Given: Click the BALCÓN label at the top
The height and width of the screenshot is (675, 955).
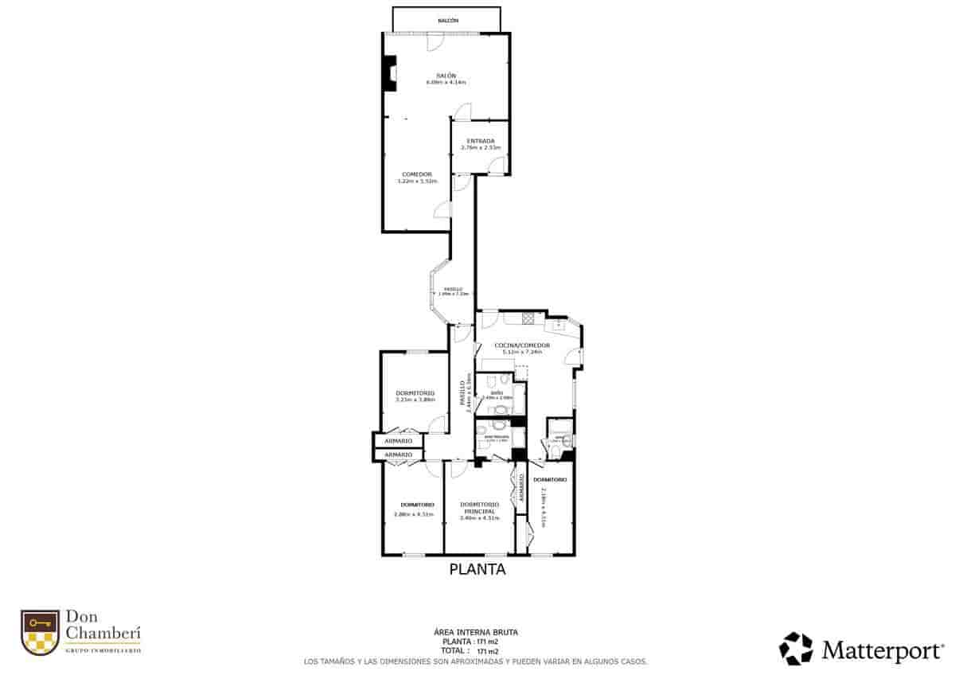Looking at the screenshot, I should [x=447, y=20].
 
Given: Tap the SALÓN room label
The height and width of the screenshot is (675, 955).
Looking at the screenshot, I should [x=445, y=76].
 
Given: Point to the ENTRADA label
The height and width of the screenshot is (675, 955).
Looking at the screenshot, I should [x=481, y=142].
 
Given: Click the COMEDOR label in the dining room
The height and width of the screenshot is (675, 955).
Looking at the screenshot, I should [x=417, y=174].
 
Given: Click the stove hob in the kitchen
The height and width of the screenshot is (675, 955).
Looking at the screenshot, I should [x=528, y=318].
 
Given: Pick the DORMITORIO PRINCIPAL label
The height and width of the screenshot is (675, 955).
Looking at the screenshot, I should [x=479, y=508].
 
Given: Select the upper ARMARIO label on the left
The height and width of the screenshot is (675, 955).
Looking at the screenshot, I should [x=398, y=441].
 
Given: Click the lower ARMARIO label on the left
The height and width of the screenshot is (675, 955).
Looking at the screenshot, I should [x=398, y=455].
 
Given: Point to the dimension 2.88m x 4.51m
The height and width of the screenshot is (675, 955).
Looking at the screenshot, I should [x=414, y=513].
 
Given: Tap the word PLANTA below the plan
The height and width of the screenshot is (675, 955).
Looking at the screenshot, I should [x=477, y=569].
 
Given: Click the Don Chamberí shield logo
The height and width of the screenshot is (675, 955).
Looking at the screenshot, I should [x=40, y=633].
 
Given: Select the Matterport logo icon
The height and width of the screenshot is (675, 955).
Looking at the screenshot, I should [x=796, y=648].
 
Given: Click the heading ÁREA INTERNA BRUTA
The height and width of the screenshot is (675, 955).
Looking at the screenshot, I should [x=477, y=632].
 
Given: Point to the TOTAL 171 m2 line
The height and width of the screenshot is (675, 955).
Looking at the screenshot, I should [x=476, y=650].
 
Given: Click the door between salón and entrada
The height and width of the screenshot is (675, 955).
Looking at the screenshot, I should [x=463, y=112].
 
